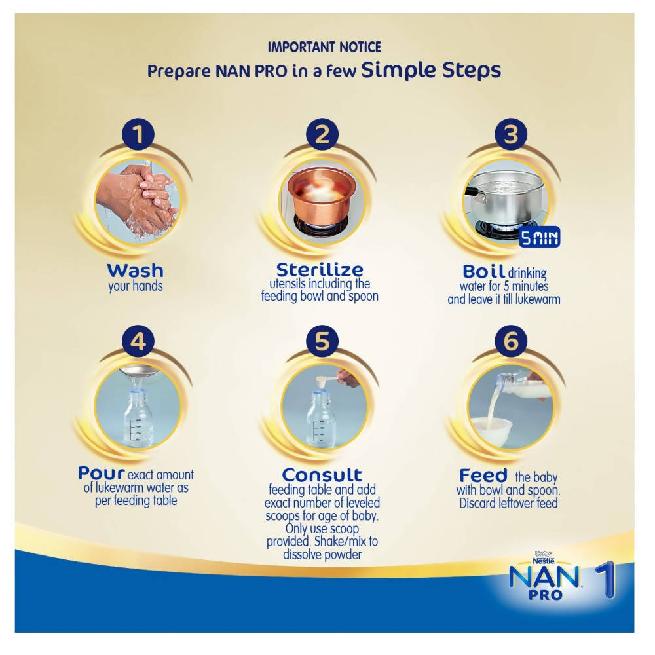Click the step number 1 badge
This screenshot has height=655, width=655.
coord(137,135)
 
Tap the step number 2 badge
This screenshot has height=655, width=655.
coord(322,135)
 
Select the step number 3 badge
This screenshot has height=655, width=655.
coord(510,135)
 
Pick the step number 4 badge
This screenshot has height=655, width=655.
coord(137,341)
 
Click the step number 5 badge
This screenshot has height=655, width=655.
coord(322,341)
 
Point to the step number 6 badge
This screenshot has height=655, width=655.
coord(510,341)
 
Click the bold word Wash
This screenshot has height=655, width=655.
coord(136,270)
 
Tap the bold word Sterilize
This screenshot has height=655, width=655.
coord(320,269)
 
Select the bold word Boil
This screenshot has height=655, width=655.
coord(483,271)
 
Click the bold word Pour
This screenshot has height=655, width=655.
coord(101,473)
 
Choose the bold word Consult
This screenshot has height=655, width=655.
coord(322,474)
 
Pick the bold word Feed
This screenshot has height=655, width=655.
coord(483,474)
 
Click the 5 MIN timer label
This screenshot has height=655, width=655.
coord(540,238)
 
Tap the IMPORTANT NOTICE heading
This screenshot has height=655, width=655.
coord(324,47)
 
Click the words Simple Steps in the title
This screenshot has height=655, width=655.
coord(432,69)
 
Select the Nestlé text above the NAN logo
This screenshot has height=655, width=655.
coord(543,561)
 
